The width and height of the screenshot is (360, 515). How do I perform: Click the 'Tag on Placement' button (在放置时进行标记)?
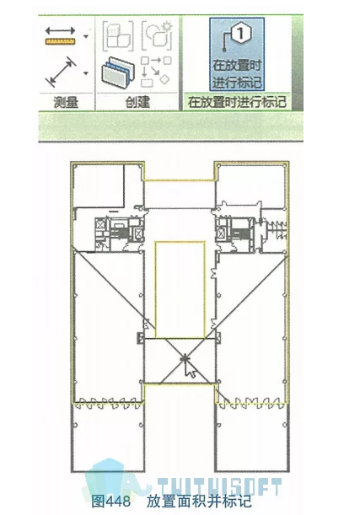[237, 55]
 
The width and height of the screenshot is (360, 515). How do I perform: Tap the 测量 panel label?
[67, 103]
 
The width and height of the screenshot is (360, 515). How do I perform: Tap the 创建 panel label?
[137, 103]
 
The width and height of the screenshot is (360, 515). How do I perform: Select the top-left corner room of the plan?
[99, 185]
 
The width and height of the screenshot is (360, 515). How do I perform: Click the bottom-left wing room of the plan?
[105, 438]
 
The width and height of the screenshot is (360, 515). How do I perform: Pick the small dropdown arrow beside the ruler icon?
[86, 36]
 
